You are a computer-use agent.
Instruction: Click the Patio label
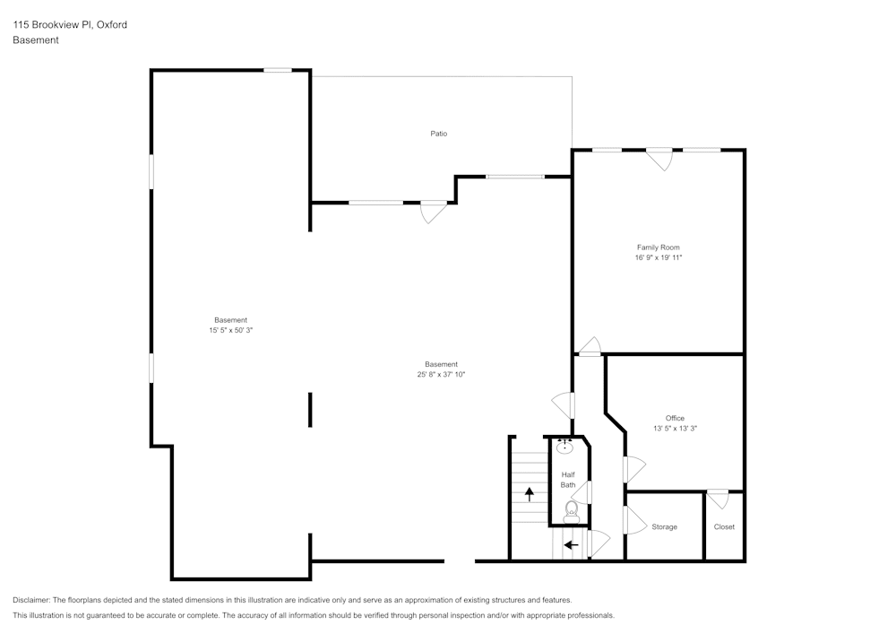(438, 134)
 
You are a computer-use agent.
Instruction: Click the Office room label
(675, 418)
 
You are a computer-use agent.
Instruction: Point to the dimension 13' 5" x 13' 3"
(675, 429)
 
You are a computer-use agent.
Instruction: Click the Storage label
(664, 527)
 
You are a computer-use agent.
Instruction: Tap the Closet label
(724, 527)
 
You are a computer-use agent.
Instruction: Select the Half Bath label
(568, 480)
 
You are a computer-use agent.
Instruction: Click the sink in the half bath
(565, 447)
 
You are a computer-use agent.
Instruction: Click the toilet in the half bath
(572, 510)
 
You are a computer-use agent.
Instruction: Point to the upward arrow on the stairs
(530, 493)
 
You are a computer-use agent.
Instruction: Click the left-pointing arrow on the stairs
(571, 544)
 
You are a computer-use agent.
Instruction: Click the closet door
(718, 498)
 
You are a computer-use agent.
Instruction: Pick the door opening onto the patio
(433, 212)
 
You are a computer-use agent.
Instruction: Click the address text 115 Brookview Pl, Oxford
(70, 25)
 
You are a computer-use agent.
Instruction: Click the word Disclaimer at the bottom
(32, 600)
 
